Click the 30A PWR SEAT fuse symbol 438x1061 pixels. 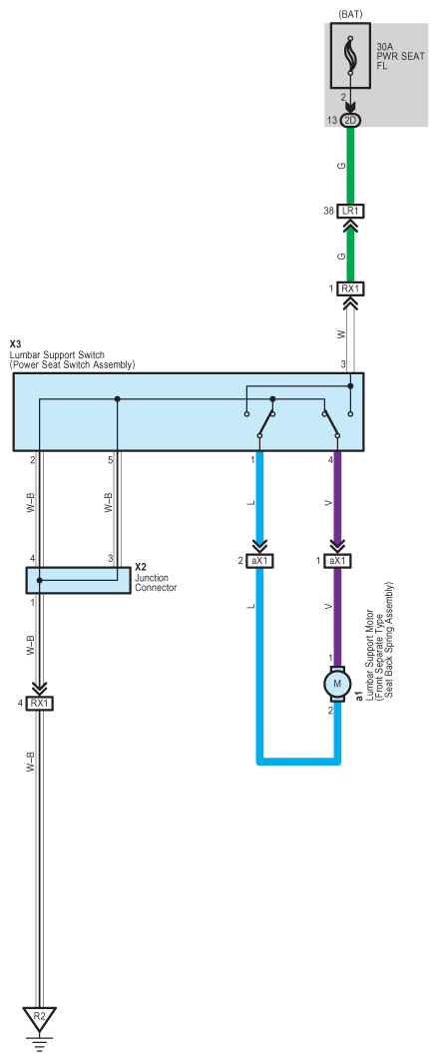pyautogui.click(x=350, y=56)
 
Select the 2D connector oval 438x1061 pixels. pyautogui.click(x=350, y=121)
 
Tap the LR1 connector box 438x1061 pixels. pyautogui.click(x=350, y=212)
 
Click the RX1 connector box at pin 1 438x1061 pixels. pyautogui.click(x=350, y=288)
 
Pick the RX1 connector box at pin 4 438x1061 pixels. pyautogui.click(x=40, y=703)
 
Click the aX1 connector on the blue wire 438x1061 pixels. pyautogui.click(x=259, y=561)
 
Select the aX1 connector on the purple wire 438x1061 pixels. pyautogui.click(x=337, y=561)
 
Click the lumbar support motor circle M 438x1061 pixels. pyautogui.click(x=337, y=682)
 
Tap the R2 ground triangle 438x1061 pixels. pyautogui.click(x=40, y=1019)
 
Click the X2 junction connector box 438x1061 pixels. pyautogui.click(x=78, y=581)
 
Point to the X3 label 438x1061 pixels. pyautogui.click(x=16, y=344)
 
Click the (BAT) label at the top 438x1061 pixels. pyautogui.click(x=350, y=14)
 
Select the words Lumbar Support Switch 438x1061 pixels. pyautogui.click(x=57, y=354)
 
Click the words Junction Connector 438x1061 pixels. pyautogui.click(x=156, y=583)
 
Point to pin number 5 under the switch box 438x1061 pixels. pyautogui.click(x=110, y=461)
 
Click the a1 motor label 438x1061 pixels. pyautogui.click(x=359, y=697)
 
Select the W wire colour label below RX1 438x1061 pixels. pyautogui.click(x=342, y=333)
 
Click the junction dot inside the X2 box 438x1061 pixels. pyautogui.click(x=40, y=581)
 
